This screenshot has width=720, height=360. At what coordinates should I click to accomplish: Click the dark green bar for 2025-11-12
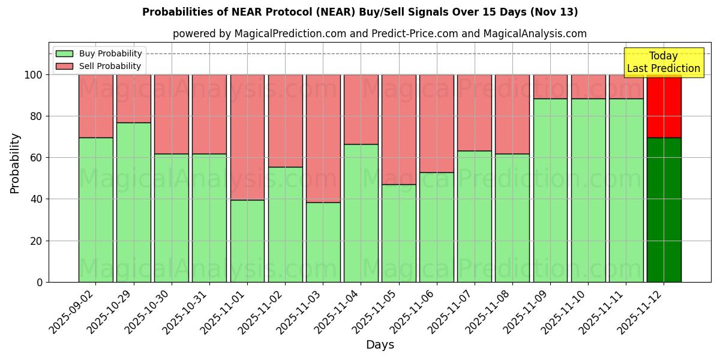pyautogui.click(x=664, y=210)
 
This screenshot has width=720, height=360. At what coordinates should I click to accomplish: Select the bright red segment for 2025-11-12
pyautogui.click(x=664, y=106)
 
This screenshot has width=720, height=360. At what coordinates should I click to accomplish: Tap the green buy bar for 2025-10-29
pyautogui.click(x=133, y=202)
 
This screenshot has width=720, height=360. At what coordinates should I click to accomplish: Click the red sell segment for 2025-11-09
pyautogui.click(x=550, y=86)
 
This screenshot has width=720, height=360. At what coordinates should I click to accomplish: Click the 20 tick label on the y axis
pyautogui.click(x=37, y=241)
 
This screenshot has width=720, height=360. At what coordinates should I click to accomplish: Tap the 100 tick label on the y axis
pyautogui.click(x=34, y=75)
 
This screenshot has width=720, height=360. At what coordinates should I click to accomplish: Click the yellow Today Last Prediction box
pyautogui.click(x=663, y=62)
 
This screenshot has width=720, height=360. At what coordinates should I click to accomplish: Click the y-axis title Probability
pyautogui.click(x=15, y=163)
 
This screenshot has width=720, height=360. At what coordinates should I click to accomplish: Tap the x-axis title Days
pyautogui.click(x=380, y=345)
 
